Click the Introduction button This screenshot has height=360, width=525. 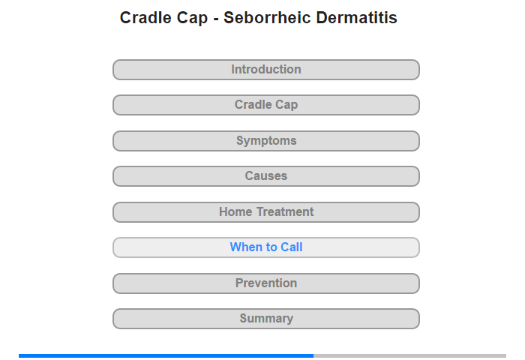[266, 70]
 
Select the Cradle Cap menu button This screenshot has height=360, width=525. [266, 105]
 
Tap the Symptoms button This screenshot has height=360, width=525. [266, 141]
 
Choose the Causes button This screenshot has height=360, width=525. [266, 176]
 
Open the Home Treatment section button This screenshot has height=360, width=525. [266, 212]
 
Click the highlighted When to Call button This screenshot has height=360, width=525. [266, 247]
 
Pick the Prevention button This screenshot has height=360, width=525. [266, 283]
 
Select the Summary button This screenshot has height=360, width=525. [266, 319]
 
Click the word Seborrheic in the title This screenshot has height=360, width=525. [268, 17]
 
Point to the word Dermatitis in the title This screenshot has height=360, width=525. [356, 17]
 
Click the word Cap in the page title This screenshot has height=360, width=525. [192, 19]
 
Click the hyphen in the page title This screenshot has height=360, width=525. [216, 19]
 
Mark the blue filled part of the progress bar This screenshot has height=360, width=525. [166, 355]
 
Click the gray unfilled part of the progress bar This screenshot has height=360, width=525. [409, 355]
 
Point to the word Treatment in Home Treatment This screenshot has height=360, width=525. [285, 211]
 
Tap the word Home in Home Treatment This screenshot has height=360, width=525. [235, 211]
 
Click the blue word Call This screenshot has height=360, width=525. [291, 247]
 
